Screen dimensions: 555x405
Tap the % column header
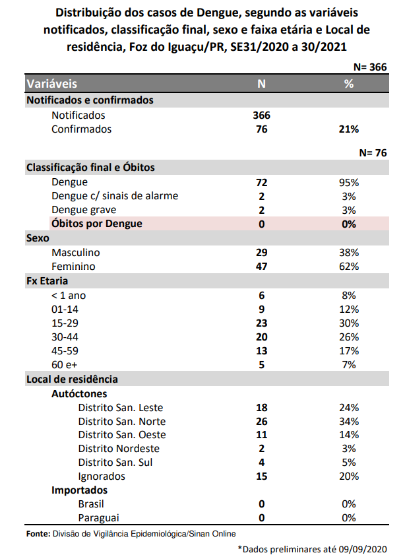(x=349, y=84)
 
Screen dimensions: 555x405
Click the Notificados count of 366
(x=262, y=115)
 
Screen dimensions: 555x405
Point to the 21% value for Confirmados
(x=349, y=129)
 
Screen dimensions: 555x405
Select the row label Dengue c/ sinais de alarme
(x=115, y=196)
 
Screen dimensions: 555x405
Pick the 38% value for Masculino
(x=349, y=253)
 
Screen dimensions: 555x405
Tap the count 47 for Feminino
(x=262, y=267)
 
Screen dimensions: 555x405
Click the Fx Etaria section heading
(x=47, y=281)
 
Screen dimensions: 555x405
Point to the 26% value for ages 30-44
(x=349, y=337)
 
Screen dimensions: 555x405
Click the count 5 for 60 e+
(x=262, y=365)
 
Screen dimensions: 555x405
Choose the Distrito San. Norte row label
(x=121, y=421)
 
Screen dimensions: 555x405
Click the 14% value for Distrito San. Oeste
(x=349, y=435)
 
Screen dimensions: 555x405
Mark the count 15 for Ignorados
(x=262, y=476)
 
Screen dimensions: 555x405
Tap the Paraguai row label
(x=100, y=518)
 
